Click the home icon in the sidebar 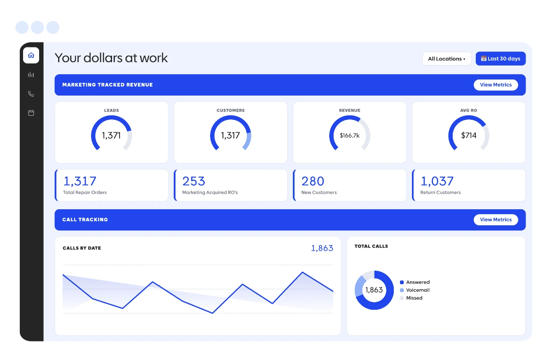(x=31, y=55)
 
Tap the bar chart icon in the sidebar (x=31, y=75)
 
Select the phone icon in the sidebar (x=31, y=94)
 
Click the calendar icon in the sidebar (x=31, y=113)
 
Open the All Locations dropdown (x=447, y=58)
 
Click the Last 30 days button (x=501, y=58)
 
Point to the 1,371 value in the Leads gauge (x=111, y=135)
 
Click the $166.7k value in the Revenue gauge (x=349, y=136)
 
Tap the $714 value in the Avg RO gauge (x=468, y=135)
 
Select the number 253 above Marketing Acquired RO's (x=194, y=181)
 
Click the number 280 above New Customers (x=313, y=181)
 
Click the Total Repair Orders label (x=85, y=192)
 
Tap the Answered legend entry (x=415, y=282)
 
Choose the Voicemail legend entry (x=415, y=290)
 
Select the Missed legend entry (x=411, y=298)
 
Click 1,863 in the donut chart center (x=374, y=290)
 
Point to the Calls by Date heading (x=82, y=248)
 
